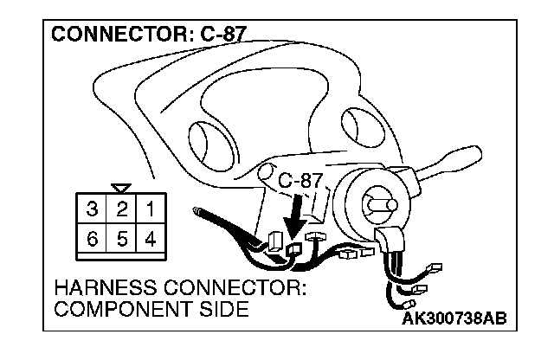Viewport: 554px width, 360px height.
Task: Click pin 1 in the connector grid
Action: point(151,209)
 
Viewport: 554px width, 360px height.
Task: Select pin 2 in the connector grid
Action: point(123,209)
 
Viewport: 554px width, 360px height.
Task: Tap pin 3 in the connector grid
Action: point(93,209)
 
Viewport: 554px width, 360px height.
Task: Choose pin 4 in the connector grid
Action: point(151,239)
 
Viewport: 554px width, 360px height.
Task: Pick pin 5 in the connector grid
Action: point(123,239)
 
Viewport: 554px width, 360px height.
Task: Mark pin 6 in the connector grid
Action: point(93,239)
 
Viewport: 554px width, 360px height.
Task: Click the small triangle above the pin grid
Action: point(122,186)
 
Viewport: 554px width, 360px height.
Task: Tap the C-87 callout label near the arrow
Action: point(300,182)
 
